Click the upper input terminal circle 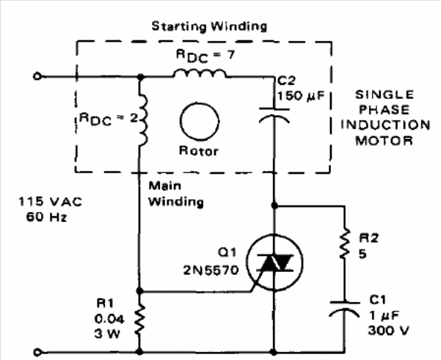[39, 76]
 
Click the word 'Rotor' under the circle [196, 152]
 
